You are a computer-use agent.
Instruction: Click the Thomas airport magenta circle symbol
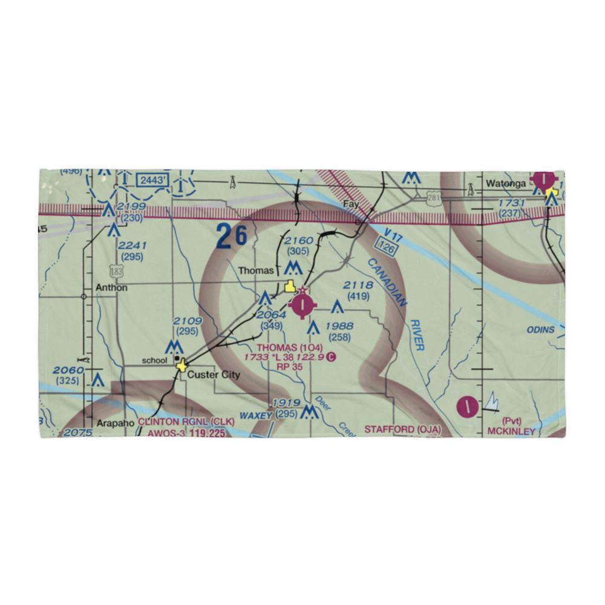pyautogui.click(x=301, y=304)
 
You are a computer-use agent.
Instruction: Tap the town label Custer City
pyautogui.click(x=213, y=375)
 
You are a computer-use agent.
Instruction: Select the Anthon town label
pyautogui.click(x=111, y=288)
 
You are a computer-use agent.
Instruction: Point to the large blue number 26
pyautogui.click(x=232, y=237)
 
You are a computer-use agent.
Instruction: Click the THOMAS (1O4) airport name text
pyautogui.click(x=285, y=348)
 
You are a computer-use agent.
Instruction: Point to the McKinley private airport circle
pyautogui.click(x=468, y=406)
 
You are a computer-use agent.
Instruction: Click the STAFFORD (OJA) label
pyautogui.click(x=402, y=430)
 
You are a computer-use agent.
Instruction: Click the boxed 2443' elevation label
pyautogui.click(x=151, y=180)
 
